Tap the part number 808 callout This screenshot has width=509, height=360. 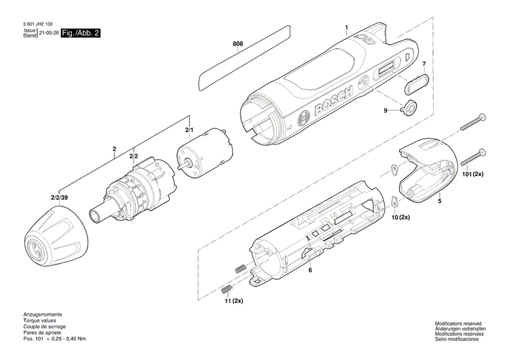(x=238, y=45)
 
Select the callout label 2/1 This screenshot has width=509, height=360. (x=189, y=129)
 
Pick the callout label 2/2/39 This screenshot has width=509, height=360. (x=58, y=198)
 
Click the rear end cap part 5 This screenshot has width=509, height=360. (x=428, y=170)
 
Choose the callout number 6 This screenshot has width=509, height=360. (x=310, y=270)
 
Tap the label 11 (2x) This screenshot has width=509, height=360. (x=232, y=300)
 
